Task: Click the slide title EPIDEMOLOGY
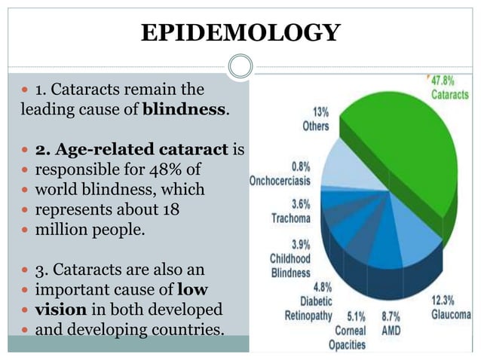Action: click(x=240, y=32)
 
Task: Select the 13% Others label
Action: click(x=315, y=120)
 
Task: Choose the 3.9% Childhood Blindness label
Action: click(x=290, y=258)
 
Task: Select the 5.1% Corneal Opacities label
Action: click(x=347, y=331)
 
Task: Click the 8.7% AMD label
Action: click(x=391, y=324)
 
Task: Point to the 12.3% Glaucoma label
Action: click(x=451, y=307)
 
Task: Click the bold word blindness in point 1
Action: click(x=184, y=109)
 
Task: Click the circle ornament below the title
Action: click(x=240, y=66)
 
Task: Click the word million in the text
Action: click(x=66, y=229)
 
